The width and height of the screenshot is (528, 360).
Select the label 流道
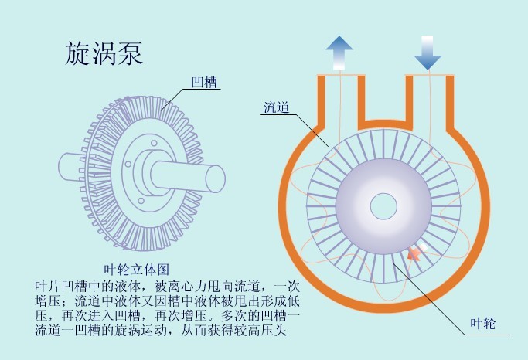(x=276, y=108)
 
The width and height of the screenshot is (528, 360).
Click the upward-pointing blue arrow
(x=338, y=52)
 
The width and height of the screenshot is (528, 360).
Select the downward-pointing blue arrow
(x=428, y=52)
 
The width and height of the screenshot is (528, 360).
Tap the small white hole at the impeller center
(x=383, y=205)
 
